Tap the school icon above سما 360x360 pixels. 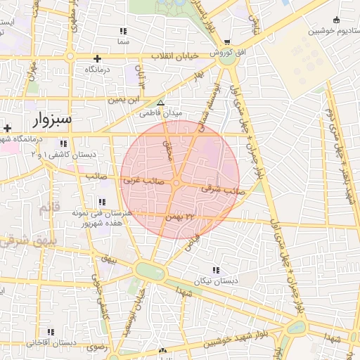[124, 31]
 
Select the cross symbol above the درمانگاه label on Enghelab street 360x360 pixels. [97, 58]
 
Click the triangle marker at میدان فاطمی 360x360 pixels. [160, 103]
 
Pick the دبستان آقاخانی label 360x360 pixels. [50, 342]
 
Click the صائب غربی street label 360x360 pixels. [144, 181]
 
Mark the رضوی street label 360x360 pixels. [96, 347]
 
